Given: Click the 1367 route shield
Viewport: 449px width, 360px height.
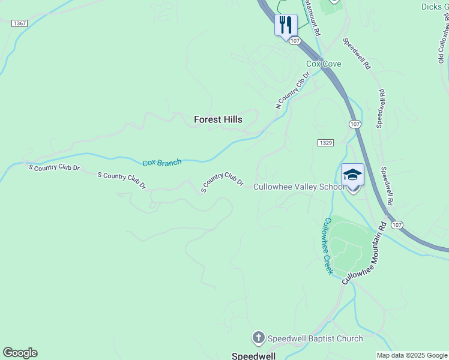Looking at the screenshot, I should click(x=19, y=23).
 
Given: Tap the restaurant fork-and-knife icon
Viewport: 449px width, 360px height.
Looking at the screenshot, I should click(x=286, y=25).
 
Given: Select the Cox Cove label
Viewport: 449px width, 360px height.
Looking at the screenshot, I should click(x=324, y=64).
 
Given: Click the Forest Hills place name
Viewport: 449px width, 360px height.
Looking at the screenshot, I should click(x=218, y=119).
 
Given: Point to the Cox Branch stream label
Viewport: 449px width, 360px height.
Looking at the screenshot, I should click(x=161, y=163).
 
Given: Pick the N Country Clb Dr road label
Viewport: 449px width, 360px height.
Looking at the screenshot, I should click(x=292, y=91).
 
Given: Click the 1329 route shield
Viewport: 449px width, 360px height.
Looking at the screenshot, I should click(x=325, y=142).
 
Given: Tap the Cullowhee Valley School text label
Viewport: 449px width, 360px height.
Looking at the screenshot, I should click(x=299, y=187).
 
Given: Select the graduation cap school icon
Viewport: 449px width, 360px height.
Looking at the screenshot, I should click(x=352, y=175).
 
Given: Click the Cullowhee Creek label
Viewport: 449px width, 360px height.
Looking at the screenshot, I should click(x=328, y=246).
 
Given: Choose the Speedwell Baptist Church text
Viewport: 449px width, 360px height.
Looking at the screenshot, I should click(x=315, y=338).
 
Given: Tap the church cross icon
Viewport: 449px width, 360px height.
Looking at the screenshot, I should click(x=259, y=338).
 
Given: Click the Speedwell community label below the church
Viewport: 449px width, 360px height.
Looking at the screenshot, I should click(x=253, y=356).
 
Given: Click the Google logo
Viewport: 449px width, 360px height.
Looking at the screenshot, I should click(x=20, y=353).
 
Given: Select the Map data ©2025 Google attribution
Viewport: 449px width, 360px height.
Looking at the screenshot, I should click(x=412, y=355).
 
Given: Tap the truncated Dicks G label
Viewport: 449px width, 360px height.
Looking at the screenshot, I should click(x=435, y=7).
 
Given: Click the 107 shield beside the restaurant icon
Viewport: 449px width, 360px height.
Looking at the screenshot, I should click(x=294, y=41).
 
